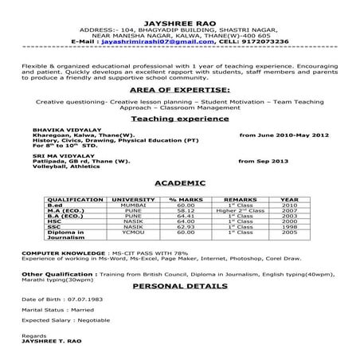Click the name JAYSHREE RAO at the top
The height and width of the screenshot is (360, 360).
tap(179, 15)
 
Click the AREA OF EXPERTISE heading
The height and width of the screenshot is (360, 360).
tap(178, 90)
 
